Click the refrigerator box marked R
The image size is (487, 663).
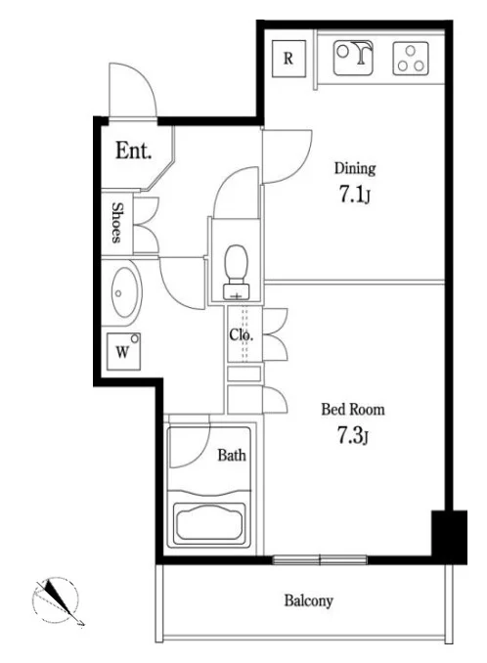pos(288,59)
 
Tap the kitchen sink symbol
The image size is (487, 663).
pos(353,58)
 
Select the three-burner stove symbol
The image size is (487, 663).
pos(411,59)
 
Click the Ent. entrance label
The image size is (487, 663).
pos(134,151)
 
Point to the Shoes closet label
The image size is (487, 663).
pos(117,223)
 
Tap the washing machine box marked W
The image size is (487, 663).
pos(123,351)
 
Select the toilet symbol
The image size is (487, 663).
pos(237,272)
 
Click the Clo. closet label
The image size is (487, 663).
pos(241,334)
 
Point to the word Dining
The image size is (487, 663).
pos(355,168)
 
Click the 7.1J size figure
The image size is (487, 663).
pos(355,195)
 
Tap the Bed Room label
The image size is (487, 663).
pos(353,410)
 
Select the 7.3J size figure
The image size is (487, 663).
pos(353,435)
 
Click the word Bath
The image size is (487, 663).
pos(232,455)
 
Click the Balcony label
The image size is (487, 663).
pos(309,600)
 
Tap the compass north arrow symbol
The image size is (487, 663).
pos(59,600)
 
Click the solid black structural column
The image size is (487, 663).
pos(449,537)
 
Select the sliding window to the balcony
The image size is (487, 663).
pos(320,560)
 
